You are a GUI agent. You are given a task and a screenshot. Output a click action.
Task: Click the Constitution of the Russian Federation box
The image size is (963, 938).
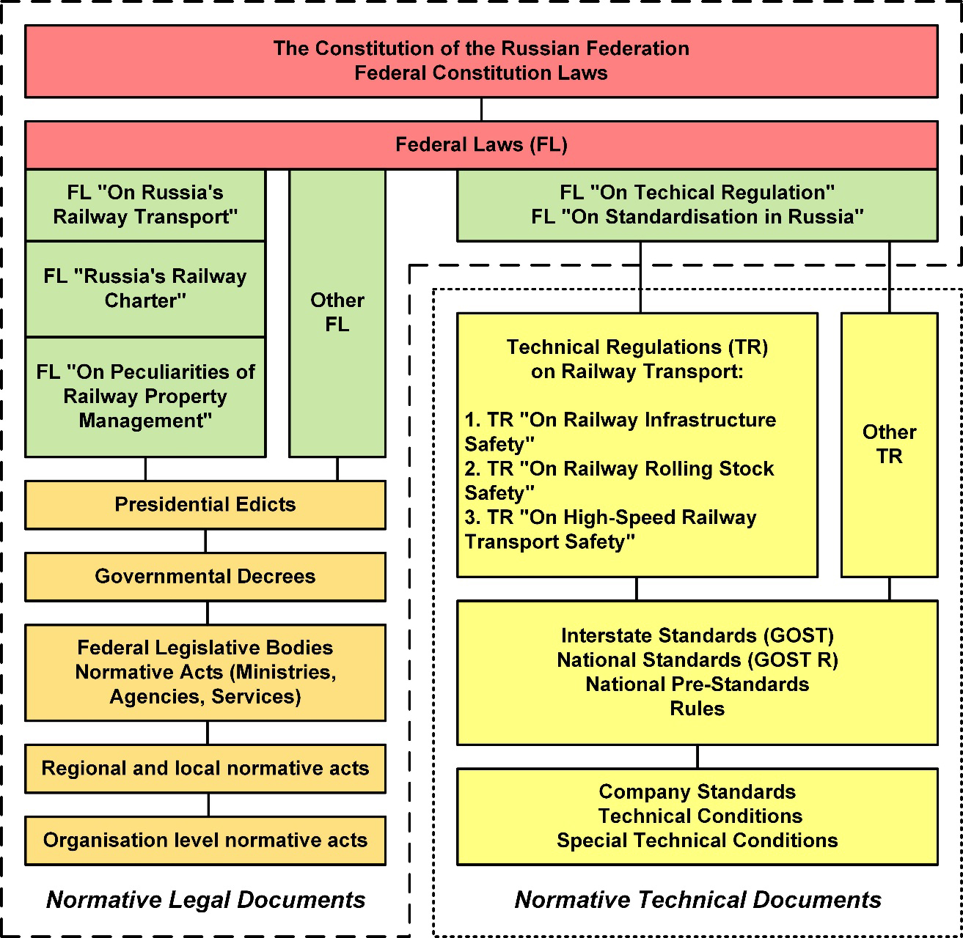tap(481, 61)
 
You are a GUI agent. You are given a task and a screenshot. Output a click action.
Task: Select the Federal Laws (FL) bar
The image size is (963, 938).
tap(481, 144)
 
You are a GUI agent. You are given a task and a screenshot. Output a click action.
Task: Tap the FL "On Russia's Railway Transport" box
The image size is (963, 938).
tap(145, 204)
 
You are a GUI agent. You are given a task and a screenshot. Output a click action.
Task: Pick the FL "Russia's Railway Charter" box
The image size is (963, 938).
tap(145, 288)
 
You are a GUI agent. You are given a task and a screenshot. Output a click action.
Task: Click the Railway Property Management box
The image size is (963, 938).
tap(145, 396)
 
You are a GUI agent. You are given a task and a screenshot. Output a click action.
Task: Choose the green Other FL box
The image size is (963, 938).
tap(337, 312)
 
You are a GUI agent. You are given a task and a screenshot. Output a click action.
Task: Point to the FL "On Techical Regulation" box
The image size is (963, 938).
tap(697, 204)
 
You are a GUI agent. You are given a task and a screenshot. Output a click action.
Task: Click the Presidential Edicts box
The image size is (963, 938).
tap(205, 504)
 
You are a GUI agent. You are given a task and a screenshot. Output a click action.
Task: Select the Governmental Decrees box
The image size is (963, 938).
tap(205, 576)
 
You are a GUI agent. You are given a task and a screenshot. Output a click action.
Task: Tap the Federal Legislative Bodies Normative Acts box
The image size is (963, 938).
tap(205, 672)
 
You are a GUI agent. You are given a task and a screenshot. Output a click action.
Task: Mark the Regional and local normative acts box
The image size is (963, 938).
tap(205, 768)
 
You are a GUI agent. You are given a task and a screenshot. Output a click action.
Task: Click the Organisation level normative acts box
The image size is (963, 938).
tap(205, 840)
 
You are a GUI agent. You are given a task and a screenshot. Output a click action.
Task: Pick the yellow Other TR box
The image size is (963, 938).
tap(889, 444)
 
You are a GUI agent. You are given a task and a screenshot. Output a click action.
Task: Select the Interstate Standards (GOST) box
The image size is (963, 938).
tap(697, 672)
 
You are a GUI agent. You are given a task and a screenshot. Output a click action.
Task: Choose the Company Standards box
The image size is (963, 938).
tap(697, 816)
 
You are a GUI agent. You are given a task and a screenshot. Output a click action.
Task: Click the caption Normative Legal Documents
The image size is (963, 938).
tap(206, 900)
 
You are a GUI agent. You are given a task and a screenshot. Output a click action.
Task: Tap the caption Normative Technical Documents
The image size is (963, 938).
tap(697, 900)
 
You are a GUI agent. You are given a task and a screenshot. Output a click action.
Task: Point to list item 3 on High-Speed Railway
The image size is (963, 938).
tap(610, 529)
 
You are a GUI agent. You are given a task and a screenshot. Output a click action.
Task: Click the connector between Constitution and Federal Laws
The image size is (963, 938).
tap(481, 109)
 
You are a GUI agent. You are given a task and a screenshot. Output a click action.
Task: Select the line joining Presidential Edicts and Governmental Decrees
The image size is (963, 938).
tap(205, 541)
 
